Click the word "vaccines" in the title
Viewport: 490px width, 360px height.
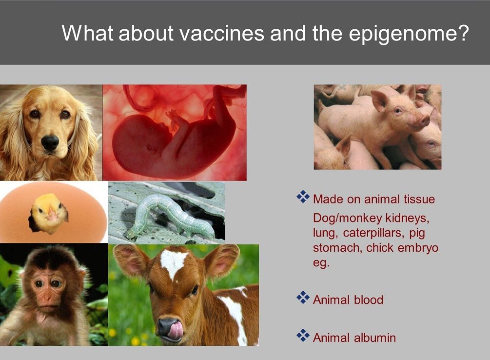coord(222,33)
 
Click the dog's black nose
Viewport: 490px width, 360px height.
coord(50,142)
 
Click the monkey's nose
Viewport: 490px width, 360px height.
coord(47,297)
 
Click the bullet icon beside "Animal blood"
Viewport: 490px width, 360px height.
coord(303,297)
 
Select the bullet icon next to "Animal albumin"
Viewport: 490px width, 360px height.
coord(303,335)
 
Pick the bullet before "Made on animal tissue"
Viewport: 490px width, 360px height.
coord(303,197)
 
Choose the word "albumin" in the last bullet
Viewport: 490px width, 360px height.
coord(375,338)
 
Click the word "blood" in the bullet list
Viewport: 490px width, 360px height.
coord(369,300)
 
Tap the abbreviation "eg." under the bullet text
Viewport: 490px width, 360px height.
coord(321,263)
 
